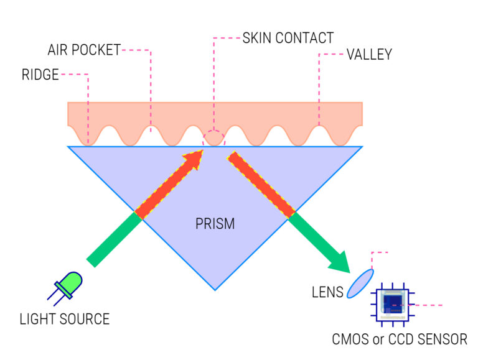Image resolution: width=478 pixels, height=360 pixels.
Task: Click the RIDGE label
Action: tap(40, 75)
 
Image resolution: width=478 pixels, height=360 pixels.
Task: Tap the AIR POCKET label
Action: tap(84, 50)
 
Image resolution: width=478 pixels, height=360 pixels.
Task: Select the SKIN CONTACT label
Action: tap(288, 38)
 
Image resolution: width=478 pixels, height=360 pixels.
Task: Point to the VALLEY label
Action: tap(369, 55)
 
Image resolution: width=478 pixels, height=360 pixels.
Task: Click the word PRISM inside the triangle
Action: tap(215, 223)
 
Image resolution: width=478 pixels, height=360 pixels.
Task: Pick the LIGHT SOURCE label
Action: tap(65, 320)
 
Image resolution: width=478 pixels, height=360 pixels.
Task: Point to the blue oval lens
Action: tap(360, 282)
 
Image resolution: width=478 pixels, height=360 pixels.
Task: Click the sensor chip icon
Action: tap(394, 305)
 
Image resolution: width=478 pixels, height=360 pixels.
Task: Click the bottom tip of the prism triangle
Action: tap(215, 290)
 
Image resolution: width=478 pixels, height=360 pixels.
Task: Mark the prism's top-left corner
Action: tap(68, 147)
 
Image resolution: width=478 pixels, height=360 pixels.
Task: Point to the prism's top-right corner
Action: tap(362, 147)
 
